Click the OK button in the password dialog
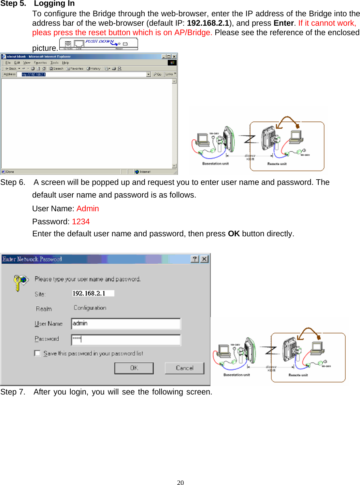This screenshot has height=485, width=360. click(x=134, y=368)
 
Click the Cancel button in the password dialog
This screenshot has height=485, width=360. click(x=184, y=368)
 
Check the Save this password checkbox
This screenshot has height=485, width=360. click(x=37, y=353)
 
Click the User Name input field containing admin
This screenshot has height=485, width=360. click(x=126, y=324)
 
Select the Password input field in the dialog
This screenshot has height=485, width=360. click(x=126, y=339)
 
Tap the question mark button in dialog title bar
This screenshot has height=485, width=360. click(x=194, y=259)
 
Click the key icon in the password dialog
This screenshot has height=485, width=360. click(x=20, y=282)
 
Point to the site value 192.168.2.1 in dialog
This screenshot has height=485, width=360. click(x=89, y=293)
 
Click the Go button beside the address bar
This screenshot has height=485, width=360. click(x=158, y=74)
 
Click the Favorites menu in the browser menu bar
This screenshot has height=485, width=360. click(x=40, y=62)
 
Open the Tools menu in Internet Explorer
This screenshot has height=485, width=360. click(x=54, y=62)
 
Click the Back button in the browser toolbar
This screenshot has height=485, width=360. click(x=11, y=69)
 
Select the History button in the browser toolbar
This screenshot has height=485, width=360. click(x=94, y=69)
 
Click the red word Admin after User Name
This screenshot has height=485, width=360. click(x=88, y=209)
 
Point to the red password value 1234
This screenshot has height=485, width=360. click(x=81, y=222)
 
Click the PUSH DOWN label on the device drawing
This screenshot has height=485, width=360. click(x=99, y=41)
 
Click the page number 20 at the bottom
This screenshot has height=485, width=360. click(x=180, y=482)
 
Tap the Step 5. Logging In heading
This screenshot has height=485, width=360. click(x=37, y=4)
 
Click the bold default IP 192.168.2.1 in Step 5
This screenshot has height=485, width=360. click(x=208, y=23)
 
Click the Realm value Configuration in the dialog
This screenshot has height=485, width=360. click(x=90, y=308)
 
